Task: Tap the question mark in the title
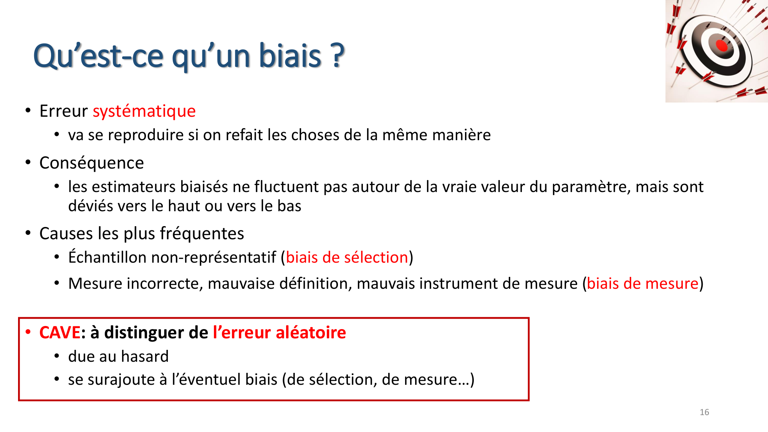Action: coord(337,56)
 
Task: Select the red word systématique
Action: coord(144,111)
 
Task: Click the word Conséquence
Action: coord(91,163)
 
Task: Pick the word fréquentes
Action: coord(202,233)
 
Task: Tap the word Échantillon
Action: coord(108,257)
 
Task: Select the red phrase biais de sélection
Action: coord(347,257)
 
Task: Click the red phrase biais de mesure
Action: coord(642,284)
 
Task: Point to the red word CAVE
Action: coord(60,333)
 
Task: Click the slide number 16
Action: coord(704,412)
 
